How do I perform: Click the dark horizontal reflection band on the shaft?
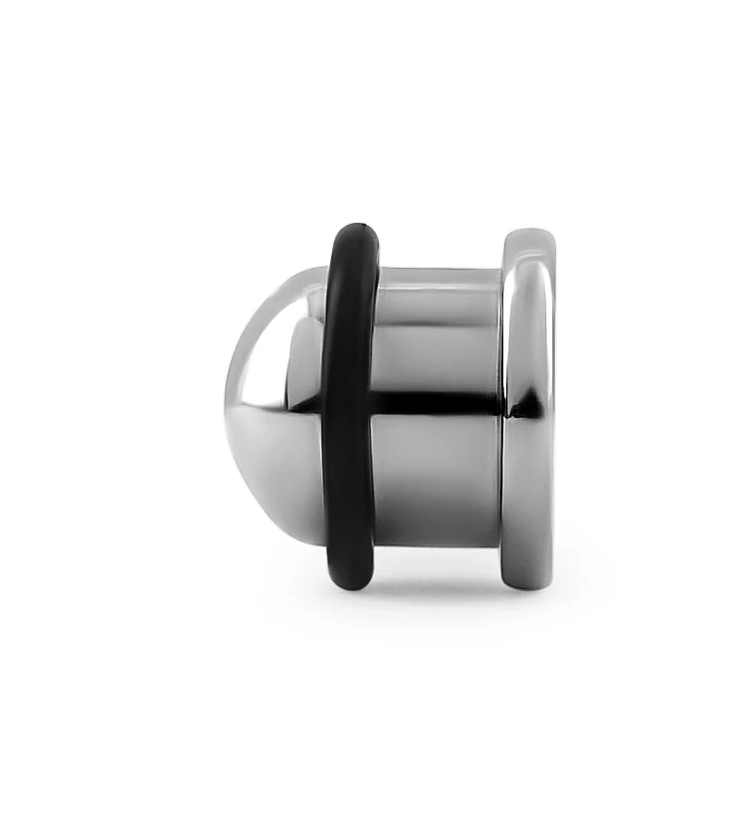click(x=438, y=403)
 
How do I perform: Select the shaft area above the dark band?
click(x=438, y=338)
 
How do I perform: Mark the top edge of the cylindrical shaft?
click(x=438, y=271)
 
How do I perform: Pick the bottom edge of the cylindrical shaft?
click(x=438, y=544)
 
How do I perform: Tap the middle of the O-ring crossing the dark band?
click(x=348, y=404)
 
